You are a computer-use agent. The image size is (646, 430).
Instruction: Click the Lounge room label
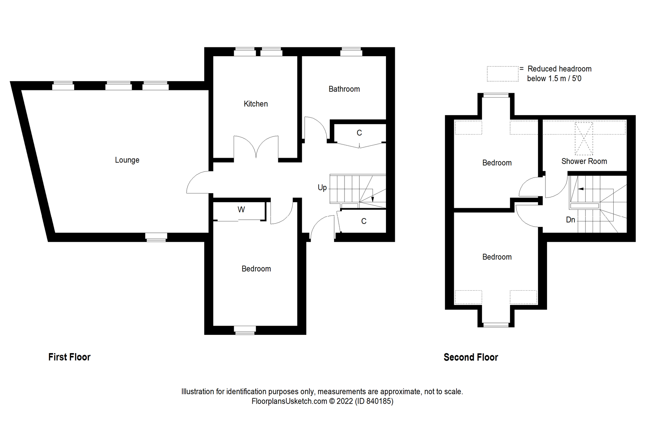pyautogui.click(x=127, y=160)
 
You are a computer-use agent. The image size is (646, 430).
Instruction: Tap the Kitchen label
pyautogui.click(x=256, y=104)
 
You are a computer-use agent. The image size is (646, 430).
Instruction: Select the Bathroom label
pyautogui.click(x=344, y=89)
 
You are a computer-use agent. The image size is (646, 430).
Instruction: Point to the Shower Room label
pyautogui.click(x=584, y=161)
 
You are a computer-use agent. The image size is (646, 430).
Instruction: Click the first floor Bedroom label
pyautogui.click(x=256, y=269)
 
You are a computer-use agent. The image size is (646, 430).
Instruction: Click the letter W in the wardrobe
pyautogui.click(x=241, y=210)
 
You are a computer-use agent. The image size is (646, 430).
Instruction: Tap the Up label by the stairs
pyautogui.click(x=322, y=188)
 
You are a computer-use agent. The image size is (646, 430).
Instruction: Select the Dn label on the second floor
pyautogui.click(x=571, y=220)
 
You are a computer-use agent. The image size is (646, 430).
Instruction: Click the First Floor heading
pyautogui.click(x=69, y=357)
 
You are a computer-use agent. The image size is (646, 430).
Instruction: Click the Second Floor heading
pyautogui.click(x=471, y=357)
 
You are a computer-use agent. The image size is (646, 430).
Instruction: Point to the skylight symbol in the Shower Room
pyautogui.click(x=584, y=139)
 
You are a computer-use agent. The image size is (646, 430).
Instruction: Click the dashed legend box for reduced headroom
pyautogui.click(x=503, y=74)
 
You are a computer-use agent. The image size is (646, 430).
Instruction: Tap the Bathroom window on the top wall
pyautogui.click(x=351, y=52)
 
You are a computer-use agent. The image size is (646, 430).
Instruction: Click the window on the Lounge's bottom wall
pyautogui.click(x=156, y=237)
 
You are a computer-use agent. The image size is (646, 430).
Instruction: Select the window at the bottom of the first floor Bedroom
pyautogui.click(x=244, y=330)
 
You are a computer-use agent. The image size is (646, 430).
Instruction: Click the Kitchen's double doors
pyautogui.click(x=256, y=147)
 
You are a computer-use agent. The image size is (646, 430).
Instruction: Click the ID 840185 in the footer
pyautogui.click(x=374, y=401)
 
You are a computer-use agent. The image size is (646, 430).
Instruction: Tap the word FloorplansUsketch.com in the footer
pyautogui.click(x=289, y=401)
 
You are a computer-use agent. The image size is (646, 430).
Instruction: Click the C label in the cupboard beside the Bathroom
pyautogui.click(x=359, y=133)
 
